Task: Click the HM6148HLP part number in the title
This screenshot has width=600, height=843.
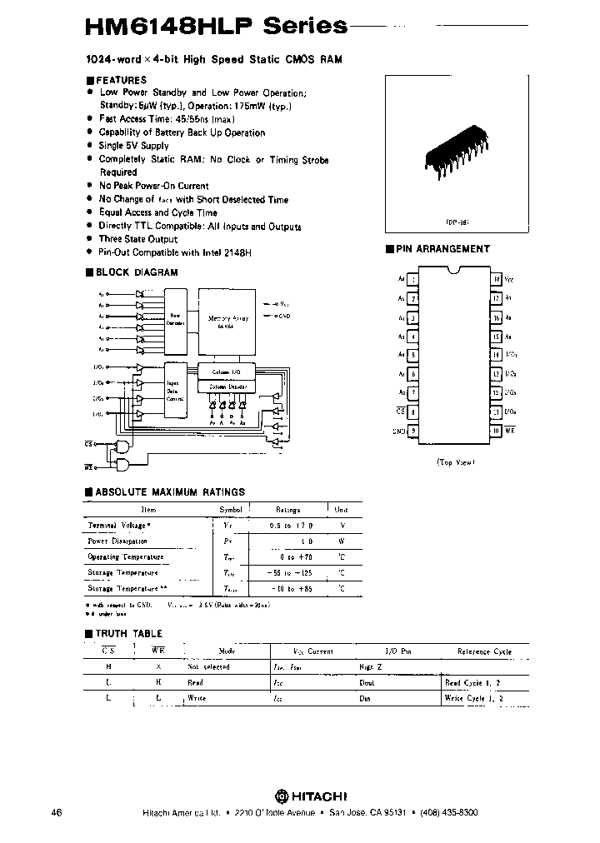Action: click(x=158, y=26)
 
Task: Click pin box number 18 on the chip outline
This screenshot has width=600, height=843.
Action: click(x=497, y=280)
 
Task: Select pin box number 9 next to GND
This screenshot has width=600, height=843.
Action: click(x=414, y=431)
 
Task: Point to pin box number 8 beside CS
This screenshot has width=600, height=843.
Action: click(x=414, y=412)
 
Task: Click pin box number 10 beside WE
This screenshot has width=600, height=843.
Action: click(x=497, y=431)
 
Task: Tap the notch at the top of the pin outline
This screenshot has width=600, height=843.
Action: click(x=456, y=272)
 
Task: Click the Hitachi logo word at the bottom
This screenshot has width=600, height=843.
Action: click(x=317, y=794)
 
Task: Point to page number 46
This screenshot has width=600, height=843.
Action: click(x=57, y=812)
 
